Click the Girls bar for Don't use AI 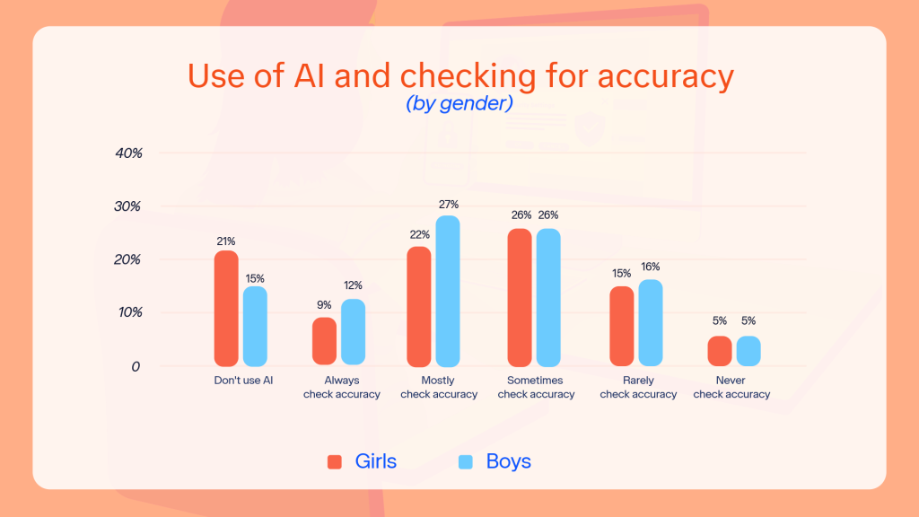tap(226, 308)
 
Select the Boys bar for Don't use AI tap(255, 326)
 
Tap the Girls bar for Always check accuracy tap(325, 341)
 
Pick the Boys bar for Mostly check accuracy tap(448, 291)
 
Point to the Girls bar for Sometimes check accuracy tap(520, 297)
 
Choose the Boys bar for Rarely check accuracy tap(651, 322)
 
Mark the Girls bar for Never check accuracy tap(720, 351)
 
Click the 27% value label tap(448, 205)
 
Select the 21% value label tap(226, 241)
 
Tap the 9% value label tap(325, 305)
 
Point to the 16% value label tap(651, 267)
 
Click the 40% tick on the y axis tap(129, 153)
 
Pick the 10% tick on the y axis tap(129, 313)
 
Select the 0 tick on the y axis tap(135, 367)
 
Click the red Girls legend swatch tap(335, 462)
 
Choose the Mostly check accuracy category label tap(439, 388)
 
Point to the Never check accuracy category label tap(731, 388)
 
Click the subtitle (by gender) tap(459, 104)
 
